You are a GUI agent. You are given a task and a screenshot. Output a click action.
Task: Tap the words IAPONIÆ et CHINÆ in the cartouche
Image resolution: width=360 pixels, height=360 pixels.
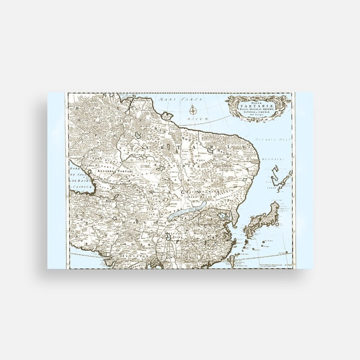pyautogui.click(x=256, y=112)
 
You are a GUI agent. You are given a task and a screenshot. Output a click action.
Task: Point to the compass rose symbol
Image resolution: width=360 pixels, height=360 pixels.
pyautogui.click(x=193, y=109)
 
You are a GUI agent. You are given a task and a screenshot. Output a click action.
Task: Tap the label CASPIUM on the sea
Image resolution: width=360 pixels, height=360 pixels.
pyautogui.click(x=82, y=187)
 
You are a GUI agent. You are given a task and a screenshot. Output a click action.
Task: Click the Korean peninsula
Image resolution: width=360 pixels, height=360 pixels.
pyautogui.click(x=236, y=219)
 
